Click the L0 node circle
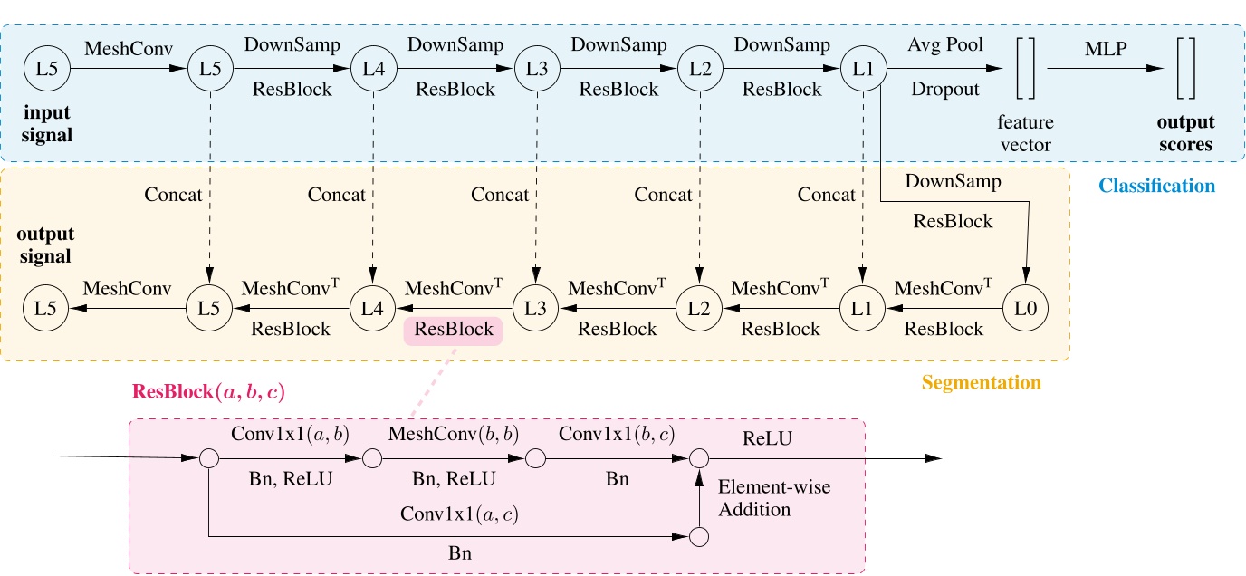[x=1025, y=309]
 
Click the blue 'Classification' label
[x=1156, y=186]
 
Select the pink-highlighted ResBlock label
[x=453, y=330]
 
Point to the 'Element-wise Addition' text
[x=773, y=498]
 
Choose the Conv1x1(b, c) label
[x=616, y=435]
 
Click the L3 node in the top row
[x=534, y=68]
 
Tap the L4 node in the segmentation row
[x=371, y=309]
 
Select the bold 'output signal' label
[x=45, y=246]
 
